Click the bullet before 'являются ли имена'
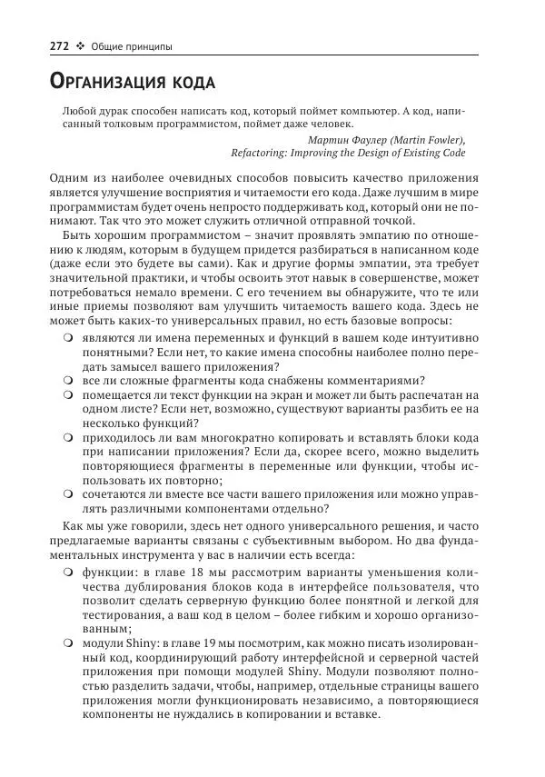[68, 336]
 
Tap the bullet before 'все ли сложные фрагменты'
[68, 380]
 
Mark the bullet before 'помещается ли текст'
[68, 394]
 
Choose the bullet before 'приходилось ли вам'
[68, 437]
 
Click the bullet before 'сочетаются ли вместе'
[68, 494]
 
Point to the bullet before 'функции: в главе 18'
[68, 573]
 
